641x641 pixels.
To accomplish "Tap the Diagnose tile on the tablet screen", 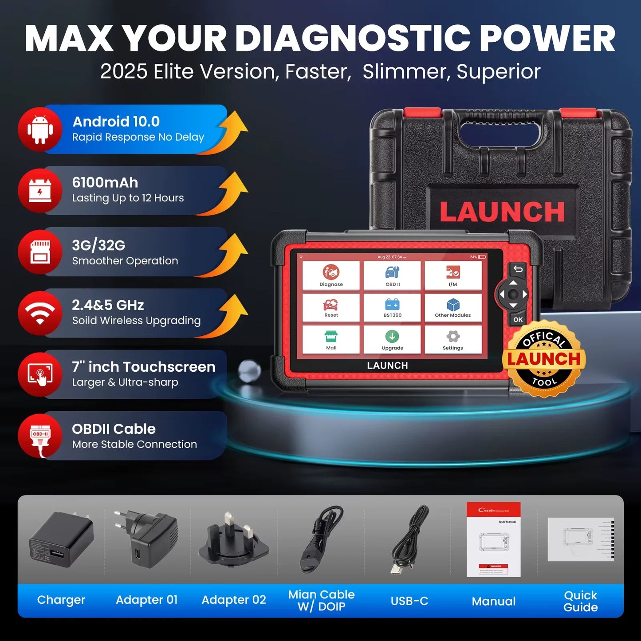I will coord(331,275).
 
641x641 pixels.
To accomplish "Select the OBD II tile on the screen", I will coord(392,275).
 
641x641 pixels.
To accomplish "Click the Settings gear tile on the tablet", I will coord(453,339).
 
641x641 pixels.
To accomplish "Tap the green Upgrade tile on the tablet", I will coord(392,339).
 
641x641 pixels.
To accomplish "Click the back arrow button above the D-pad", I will coord(518,269).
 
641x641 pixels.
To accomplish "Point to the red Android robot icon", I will coord(40,129).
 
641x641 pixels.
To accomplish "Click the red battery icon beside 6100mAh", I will coord(40,191).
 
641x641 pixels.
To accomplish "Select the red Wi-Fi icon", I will coord(40,313).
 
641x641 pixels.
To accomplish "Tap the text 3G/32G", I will coord(98,245).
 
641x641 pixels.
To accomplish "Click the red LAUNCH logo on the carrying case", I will coord(502,212).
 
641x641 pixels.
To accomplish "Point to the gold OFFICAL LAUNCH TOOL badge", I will coord(544,358).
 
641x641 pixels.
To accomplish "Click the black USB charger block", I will coord(61,539).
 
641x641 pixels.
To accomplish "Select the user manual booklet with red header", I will coord(493,539).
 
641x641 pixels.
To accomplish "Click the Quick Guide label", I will coord(580,601).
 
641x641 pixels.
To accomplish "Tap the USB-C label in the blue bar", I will coord(409,601).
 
